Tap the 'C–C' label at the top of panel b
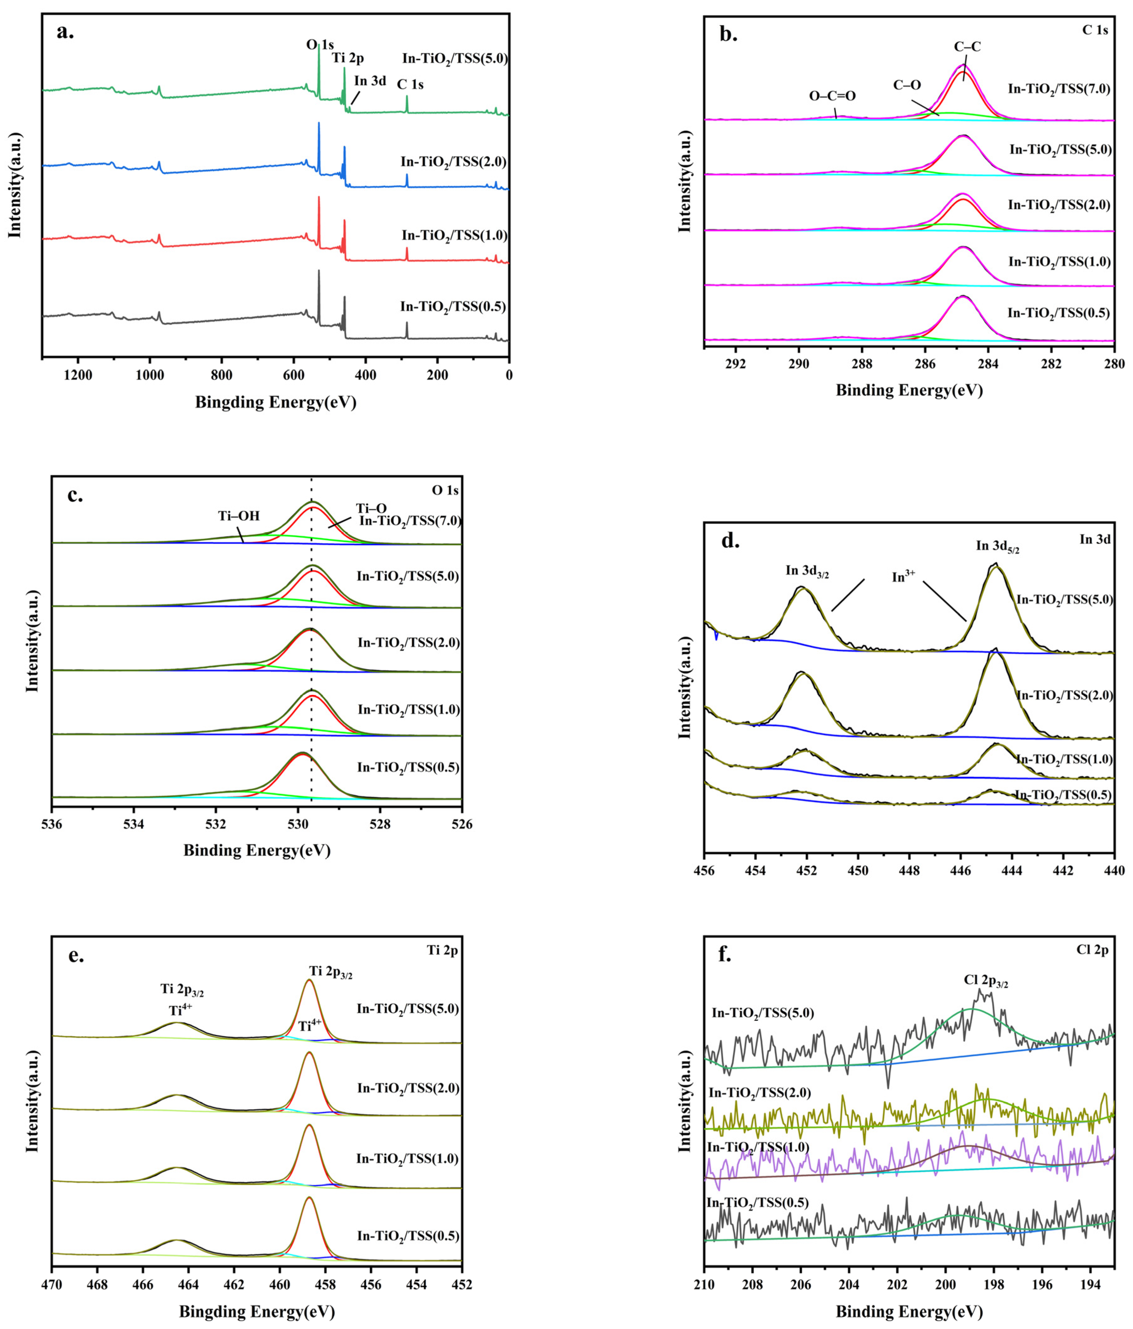967,47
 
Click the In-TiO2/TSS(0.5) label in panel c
408,767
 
